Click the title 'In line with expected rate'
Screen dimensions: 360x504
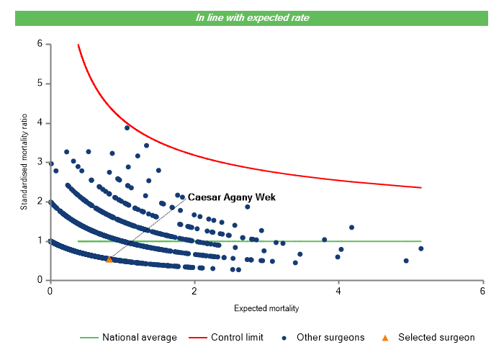point(252,17)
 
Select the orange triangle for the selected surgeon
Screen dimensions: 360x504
point(109,259)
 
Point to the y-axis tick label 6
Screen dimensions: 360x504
point(40,44)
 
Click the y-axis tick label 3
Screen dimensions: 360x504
point(40,162)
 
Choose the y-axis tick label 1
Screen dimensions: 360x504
point(40,240)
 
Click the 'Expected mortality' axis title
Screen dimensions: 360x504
point(266,309)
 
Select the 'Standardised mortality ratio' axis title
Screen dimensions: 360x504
point(24,162)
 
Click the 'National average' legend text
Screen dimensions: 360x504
point(139,337)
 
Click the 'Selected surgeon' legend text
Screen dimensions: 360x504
point(436,337)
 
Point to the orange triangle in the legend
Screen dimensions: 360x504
point(385,337)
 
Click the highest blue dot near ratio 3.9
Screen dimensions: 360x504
point(127,127)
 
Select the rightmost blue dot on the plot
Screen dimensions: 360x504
point(421,248)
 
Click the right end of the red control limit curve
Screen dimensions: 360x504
point(420,188)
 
